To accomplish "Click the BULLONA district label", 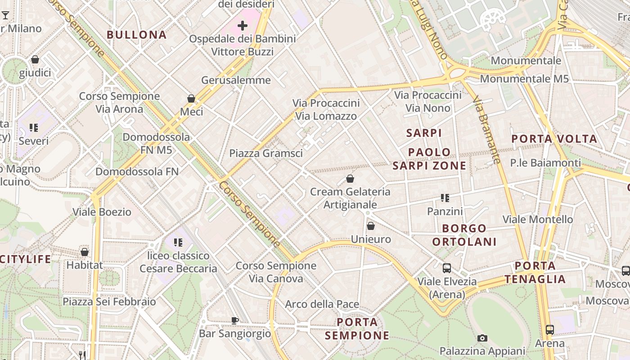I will click(137, 35).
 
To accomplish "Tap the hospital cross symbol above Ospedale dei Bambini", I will click(243, 26).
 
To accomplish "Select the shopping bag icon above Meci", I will click(191, 99).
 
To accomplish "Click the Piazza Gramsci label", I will click(266, 153).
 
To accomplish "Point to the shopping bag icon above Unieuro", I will click(371, 226).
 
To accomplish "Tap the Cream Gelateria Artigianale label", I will click(350, 198).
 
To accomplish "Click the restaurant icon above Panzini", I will click(445, 198).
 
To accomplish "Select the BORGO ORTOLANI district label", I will click(464, 235).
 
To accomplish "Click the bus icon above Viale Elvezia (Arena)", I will click(447, 268).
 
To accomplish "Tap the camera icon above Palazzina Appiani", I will click(482, 338).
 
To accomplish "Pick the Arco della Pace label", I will click(322, 304).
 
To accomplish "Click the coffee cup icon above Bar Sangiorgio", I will click(235, 320).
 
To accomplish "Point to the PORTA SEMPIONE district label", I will click(357, 329).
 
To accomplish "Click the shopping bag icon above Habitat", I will click(85, 252).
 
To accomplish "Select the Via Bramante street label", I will click(487, 131).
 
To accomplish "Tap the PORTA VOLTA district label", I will click(554, 139).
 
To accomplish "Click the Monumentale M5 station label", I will click(524, 79).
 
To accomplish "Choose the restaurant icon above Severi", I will click(34, 128).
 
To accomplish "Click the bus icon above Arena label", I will click(550, 330).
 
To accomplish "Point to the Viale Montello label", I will click(538, 220).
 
